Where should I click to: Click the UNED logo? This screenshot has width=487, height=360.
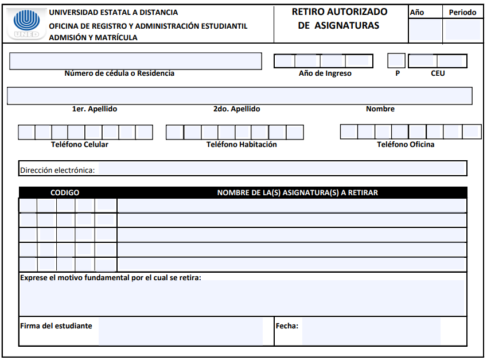point(26,24)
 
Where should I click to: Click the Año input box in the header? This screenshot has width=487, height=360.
point(425,30)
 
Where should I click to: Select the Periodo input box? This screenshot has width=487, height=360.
point(462,30)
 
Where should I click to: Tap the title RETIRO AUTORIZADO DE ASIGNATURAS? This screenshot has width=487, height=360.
point(340,18)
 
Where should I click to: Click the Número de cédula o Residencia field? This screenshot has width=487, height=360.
point(135,61)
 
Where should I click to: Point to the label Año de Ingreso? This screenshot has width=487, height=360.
point(325,73)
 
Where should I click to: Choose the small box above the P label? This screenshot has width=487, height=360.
point(396,60)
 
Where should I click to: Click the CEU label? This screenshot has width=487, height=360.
point(438,73)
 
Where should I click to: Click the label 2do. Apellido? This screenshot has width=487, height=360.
point(236,109)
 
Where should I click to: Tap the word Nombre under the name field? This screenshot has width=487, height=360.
point(380,109)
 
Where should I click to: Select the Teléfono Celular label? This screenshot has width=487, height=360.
point(80,145)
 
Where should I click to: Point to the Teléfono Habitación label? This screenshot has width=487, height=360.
point(241,145)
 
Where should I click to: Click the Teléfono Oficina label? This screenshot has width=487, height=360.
point(406,145)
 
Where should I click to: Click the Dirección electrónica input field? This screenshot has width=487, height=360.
point(281,169)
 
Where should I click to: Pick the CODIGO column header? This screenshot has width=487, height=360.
point(65,193)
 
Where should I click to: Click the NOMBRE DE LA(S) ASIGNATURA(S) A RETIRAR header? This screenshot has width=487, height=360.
point(297,193)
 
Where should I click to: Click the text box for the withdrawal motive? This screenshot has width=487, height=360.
point(242,297)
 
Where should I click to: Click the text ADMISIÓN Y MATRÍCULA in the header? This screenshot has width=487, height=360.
point(93,38)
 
